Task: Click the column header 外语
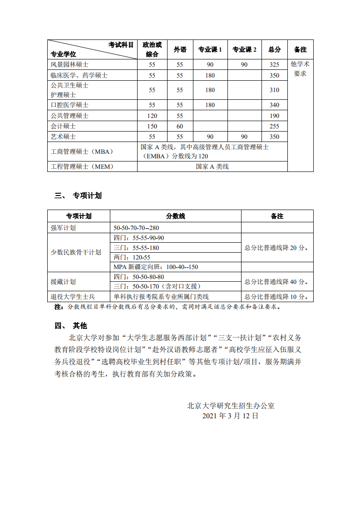[180, 49]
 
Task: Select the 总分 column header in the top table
[274, 49]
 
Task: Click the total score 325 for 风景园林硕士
[274, 65]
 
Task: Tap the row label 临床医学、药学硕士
[79, 75]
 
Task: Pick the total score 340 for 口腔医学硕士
[274, 105]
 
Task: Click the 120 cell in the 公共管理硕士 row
[152, 116]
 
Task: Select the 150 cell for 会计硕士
[152, 126]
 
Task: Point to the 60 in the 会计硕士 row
[180, 126]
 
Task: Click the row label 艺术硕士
[63, 137]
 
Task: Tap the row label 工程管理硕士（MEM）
[82, 166]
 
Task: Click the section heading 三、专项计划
[78, 196]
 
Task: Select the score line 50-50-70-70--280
[136, 228]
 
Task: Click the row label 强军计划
[63, 228]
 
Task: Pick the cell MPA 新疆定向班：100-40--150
[156, 267]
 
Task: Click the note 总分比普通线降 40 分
[276, 282]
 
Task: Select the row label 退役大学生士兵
[73, 297]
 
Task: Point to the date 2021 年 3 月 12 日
[231, 416]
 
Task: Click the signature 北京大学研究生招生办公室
[231, 406]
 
